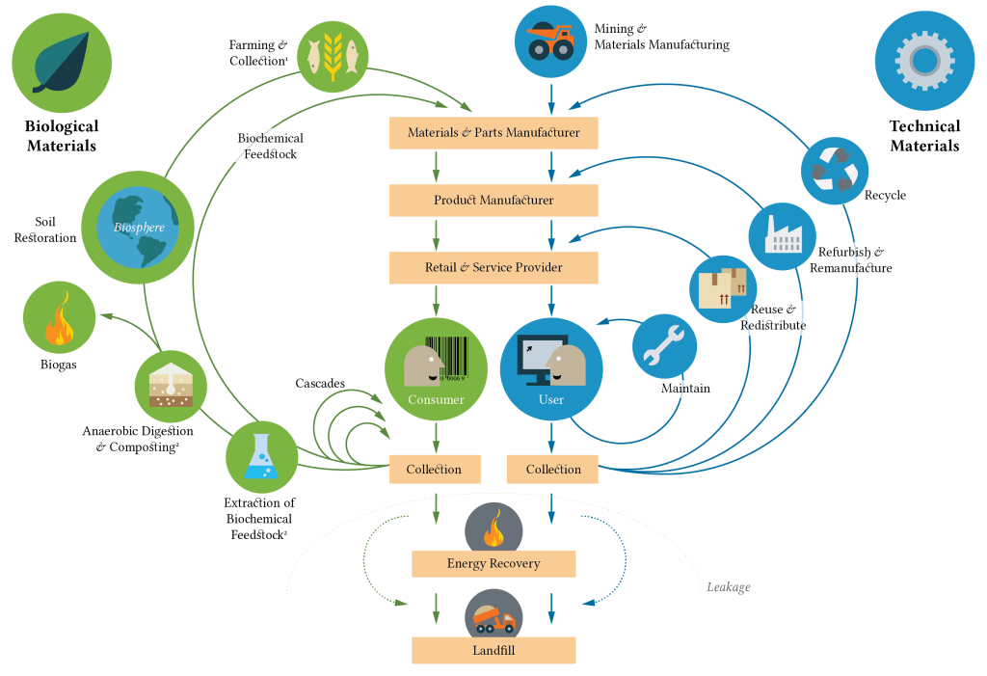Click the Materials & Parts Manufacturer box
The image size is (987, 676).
(x=493, y=133)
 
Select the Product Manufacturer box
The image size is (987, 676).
(x=493, y=200)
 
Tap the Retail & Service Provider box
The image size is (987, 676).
(x=493, y=267)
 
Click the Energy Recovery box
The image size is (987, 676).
(x=493, y=563)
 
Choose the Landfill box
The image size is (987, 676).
(x=493, y=650)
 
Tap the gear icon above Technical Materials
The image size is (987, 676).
(x=923, y=61)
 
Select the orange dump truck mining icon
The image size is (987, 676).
(x=551, y=41)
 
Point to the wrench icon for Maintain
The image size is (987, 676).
(x=664, y=345)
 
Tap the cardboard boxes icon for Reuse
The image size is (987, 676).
(x=723, y=288)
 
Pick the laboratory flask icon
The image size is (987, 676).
(x=261, y=456)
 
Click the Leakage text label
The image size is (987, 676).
(x=729, y=587)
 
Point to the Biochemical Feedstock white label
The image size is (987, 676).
(x=271, y=146)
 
